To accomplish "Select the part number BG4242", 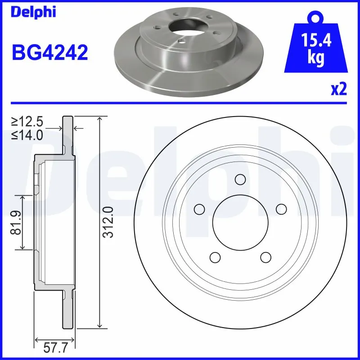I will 49,52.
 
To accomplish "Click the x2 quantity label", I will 339,89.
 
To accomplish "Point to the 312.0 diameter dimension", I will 108,222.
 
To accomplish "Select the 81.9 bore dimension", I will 17,223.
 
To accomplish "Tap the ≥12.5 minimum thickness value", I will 27,121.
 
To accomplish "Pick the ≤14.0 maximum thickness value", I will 27,134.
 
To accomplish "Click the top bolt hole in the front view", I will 240,180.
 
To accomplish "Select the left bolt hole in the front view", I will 198,209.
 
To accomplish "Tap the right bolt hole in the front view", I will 282,209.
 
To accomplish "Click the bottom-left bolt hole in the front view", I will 215,257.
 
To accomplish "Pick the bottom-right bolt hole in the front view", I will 266,257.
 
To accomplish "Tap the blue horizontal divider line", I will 180,103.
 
